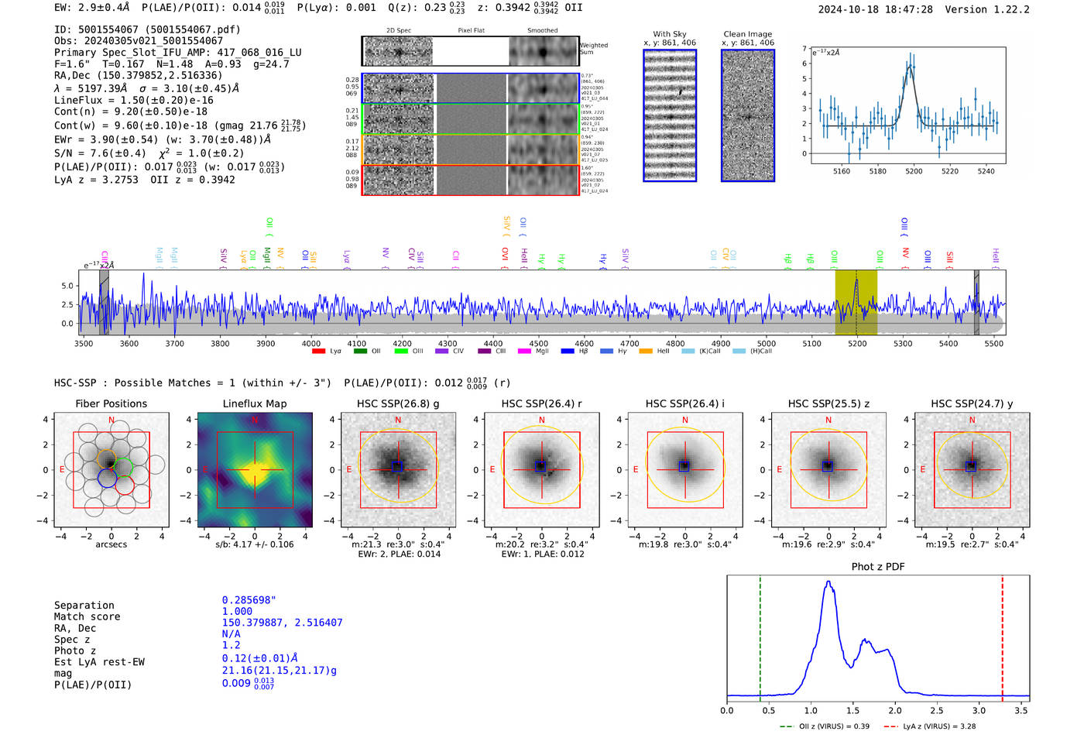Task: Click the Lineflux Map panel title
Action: coord(254,403)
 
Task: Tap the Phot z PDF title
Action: coord(877,566)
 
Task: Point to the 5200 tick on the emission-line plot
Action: coord(914,171)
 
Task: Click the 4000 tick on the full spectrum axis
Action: coord(311,343)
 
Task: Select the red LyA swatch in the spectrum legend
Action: coord(318,351)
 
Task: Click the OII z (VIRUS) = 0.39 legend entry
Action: coord(825,726)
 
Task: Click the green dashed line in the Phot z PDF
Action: coord(760,635)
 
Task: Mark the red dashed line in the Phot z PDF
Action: coord(1002,635)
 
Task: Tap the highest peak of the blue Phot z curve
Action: coord(829,582)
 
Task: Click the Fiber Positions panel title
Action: coord(111,403)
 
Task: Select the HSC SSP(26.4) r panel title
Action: coord(541,403)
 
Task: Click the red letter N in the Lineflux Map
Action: coord(255,420)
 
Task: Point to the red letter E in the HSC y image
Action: coord(923,469)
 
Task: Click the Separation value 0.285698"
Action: coord(249,600)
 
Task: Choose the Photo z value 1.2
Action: coord(231,645)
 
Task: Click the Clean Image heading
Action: coord(747,34)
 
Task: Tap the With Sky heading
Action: coord(669,34)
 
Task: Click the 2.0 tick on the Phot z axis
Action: coord(895,710)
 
